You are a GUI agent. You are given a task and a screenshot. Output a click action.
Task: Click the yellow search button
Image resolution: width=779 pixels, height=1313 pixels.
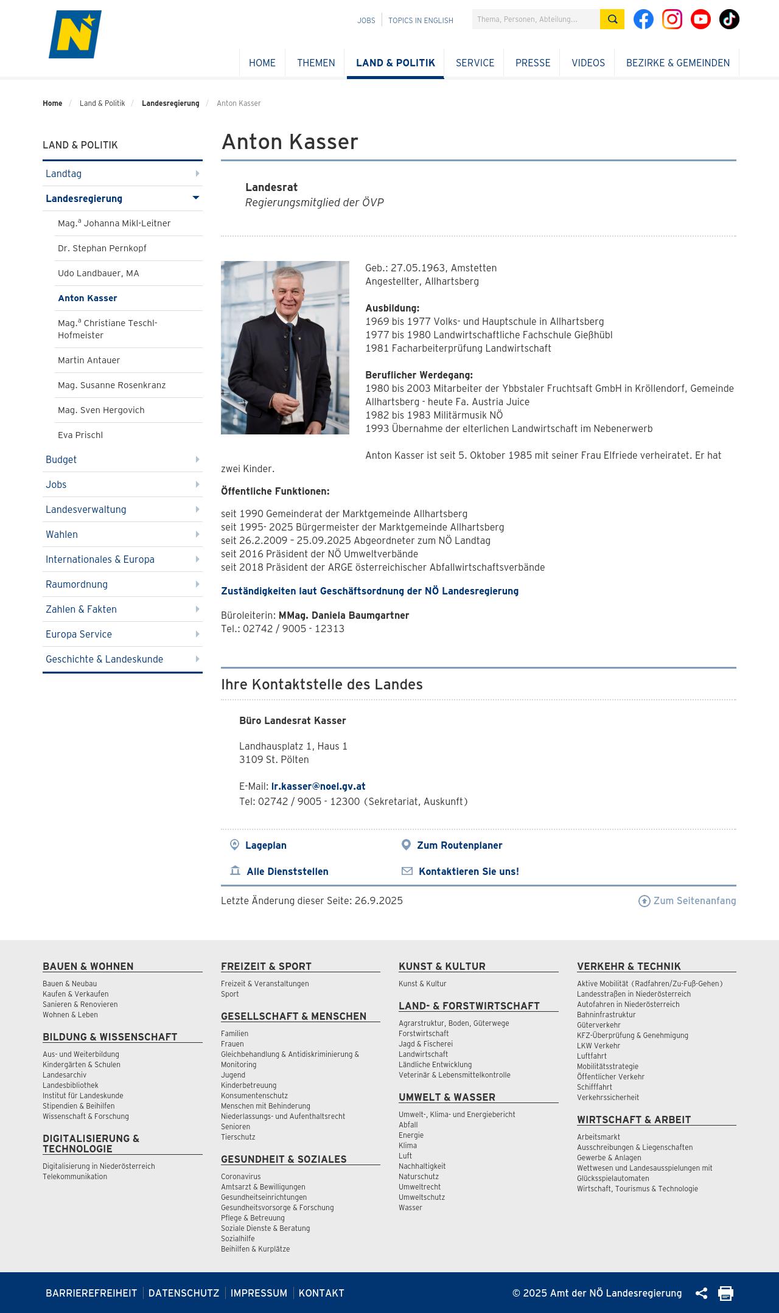(612, 19)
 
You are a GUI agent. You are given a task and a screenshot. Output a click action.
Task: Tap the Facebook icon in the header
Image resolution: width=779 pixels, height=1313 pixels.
(643, 19)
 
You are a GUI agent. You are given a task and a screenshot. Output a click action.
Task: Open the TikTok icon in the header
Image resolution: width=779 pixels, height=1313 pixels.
(729, 19)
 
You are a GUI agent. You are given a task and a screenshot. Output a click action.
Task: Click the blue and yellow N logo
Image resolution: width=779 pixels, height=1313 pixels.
(75, 35)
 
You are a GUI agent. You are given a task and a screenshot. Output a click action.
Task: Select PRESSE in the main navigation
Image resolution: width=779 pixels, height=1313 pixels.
(533, 63)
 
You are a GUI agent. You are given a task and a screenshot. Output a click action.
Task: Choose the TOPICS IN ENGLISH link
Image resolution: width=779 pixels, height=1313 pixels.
(421, 21)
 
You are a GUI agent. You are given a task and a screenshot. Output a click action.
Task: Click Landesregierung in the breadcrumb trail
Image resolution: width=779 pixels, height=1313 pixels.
(170, 103)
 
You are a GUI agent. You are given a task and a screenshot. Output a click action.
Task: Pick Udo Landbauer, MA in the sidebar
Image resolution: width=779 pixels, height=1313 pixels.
(99, 273)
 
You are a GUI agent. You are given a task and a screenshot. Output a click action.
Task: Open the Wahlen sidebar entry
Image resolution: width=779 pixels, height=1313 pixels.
(62, 534)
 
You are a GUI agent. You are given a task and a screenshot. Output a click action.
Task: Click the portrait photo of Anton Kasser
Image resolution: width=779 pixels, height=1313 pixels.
(285, 347)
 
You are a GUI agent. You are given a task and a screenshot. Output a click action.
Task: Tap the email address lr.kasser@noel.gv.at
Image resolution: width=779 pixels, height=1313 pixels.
(318, 786)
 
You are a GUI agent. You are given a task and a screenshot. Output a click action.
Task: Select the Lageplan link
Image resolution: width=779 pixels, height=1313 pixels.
(265, 845)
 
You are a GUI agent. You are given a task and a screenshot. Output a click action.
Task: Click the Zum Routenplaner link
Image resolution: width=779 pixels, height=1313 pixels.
(459, 845)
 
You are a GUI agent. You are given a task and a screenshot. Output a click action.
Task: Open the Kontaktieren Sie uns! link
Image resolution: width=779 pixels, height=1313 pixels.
(468, 871)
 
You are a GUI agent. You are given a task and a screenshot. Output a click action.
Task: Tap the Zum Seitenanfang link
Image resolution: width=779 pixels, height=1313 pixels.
(694, 900)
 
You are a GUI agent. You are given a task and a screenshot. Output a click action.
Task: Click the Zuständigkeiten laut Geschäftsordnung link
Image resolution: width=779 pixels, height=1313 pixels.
(369, 591)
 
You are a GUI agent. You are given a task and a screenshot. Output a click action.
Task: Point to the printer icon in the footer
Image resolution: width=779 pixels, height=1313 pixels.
(725, 1293)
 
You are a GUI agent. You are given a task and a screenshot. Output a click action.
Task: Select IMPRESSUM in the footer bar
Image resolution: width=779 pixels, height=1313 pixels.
(259, 1293)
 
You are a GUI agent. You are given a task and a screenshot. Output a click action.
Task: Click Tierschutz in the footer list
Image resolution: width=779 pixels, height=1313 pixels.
(238, 1137)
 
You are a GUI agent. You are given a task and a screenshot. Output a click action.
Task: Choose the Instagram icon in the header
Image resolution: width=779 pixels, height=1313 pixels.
(672, 19)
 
